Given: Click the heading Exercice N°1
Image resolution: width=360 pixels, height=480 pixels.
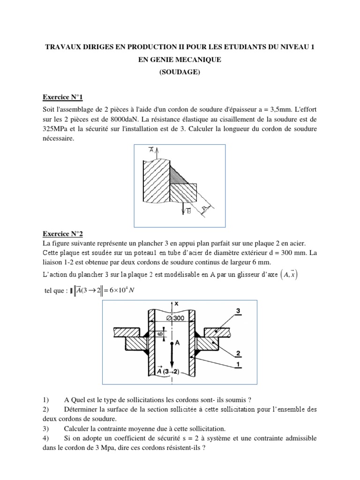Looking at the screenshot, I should point(63,97).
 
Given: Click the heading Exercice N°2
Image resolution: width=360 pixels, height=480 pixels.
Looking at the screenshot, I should point(63,233).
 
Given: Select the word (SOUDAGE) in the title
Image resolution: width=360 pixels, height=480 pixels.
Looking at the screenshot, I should point(180,72).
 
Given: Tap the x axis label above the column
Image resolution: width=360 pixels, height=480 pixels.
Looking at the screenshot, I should point(176,303).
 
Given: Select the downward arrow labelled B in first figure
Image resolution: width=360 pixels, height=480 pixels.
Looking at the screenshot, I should point(184,211).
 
